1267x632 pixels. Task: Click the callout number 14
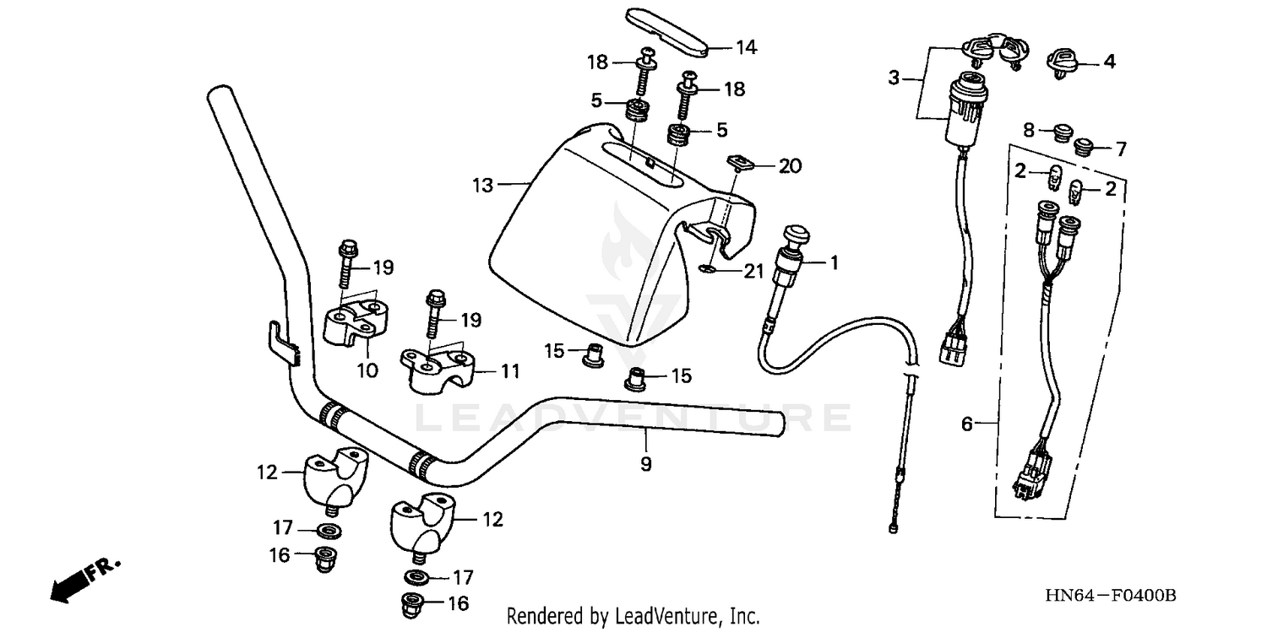pyautogui.click(x=746, y=47)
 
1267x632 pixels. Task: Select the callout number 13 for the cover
pyautogui.click(x=482, y=185)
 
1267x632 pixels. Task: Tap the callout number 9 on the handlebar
pyautogui.click(x=645, y=463)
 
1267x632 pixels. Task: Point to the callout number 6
pyautogui.click(x=967, y=424)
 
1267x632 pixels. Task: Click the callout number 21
pyautogui.click(x=753, y=271)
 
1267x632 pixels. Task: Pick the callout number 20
pyautogui.click(x=789, y=166)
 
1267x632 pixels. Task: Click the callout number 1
pyautogui.click(x=834, y=263)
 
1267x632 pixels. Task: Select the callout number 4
pyautogui.click(x=1108, y=61)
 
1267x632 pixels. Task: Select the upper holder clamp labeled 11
pyautogui.click(x=438, y=370)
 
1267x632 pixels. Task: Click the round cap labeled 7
pyautogui.click(x=1083, y=149)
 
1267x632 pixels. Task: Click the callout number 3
pyautogui.click(x=895, y=79)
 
